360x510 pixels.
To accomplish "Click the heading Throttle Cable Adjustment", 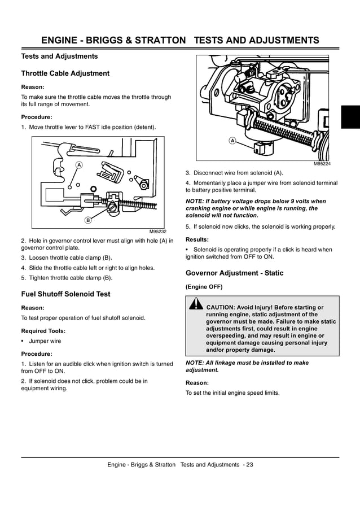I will tap(65, 73).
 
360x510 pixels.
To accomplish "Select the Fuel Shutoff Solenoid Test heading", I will tap(65, 294).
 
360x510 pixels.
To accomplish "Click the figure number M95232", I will tap(158, 232).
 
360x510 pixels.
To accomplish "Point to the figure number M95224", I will tap(322, 164).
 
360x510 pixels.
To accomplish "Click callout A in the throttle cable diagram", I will tap(79, 164).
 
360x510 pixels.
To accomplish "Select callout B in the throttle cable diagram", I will tap(88, 219).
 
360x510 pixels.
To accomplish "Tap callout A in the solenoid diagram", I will tap(232, 140).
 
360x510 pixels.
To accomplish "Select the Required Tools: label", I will tap(43, 331).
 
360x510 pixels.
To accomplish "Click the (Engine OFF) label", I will tap(204, 286).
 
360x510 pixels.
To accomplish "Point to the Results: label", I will tap(197, 239).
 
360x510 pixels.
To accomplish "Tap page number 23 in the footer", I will tap(249, 464).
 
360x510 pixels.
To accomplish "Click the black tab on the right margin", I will tap(350, 117).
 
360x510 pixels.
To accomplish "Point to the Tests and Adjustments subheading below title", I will tap(59, 56).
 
